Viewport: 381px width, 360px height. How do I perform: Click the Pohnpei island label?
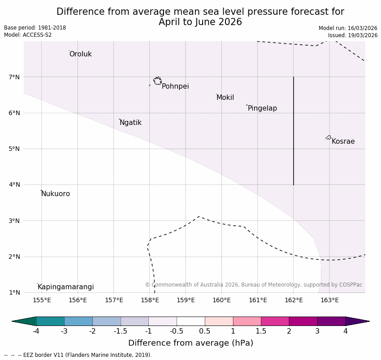(x=175, y=86)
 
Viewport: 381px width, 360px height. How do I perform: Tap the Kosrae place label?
(x=343, y=141)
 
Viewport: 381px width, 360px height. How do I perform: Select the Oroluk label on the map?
(x=80, y=54)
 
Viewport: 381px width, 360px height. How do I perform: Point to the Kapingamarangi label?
(x=65, y=287)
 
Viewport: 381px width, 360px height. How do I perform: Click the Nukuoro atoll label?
(x=56, y=194)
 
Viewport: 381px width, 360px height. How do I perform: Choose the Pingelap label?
(x=262, y=108)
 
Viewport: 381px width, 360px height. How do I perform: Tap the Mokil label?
(x=225, y=98)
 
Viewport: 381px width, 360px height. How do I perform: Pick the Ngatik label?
(x=130, y=123)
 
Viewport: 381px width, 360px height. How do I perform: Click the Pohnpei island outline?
(x=157, y=81)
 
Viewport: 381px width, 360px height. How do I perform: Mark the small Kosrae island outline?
(x=329, y=137)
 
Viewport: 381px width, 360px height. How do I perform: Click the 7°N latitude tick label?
(x=14, y=77)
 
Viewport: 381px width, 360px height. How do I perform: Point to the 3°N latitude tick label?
(x=14, y=221)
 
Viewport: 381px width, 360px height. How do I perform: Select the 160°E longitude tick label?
(x=221, y=300)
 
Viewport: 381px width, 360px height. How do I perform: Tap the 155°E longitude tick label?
(x=42, y=300)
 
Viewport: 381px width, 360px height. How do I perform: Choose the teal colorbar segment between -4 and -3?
(x=50, y=321)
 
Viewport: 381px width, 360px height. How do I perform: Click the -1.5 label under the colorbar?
(x=120, y=331)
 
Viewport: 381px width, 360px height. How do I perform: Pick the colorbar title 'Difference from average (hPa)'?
(x=190, y=343)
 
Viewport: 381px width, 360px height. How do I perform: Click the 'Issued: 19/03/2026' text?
(x=352, y=35)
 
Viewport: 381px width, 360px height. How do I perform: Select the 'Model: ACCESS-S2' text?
(x=28, y=35)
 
